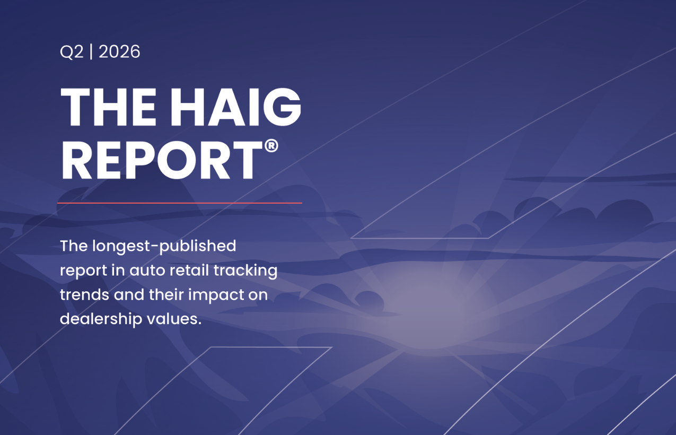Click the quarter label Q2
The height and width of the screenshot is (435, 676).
point(72,52)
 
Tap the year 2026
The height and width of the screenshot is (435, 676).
point(119,51)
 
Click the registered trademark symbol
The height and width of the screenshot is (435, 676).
point(271,146)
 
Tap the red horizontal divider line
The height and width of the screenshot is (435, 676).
point(180,203)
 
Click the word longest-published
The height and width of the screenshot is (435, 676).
point(164,247)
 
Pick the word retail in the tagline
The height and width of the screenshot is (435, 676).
point(189,270)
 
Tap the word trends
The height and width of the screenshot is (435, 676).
point(84,294)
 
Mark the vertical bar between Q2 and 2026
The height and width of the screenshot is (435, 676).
point(91,51)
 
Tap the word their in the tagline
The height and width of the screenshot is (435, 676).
point(166,294)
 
